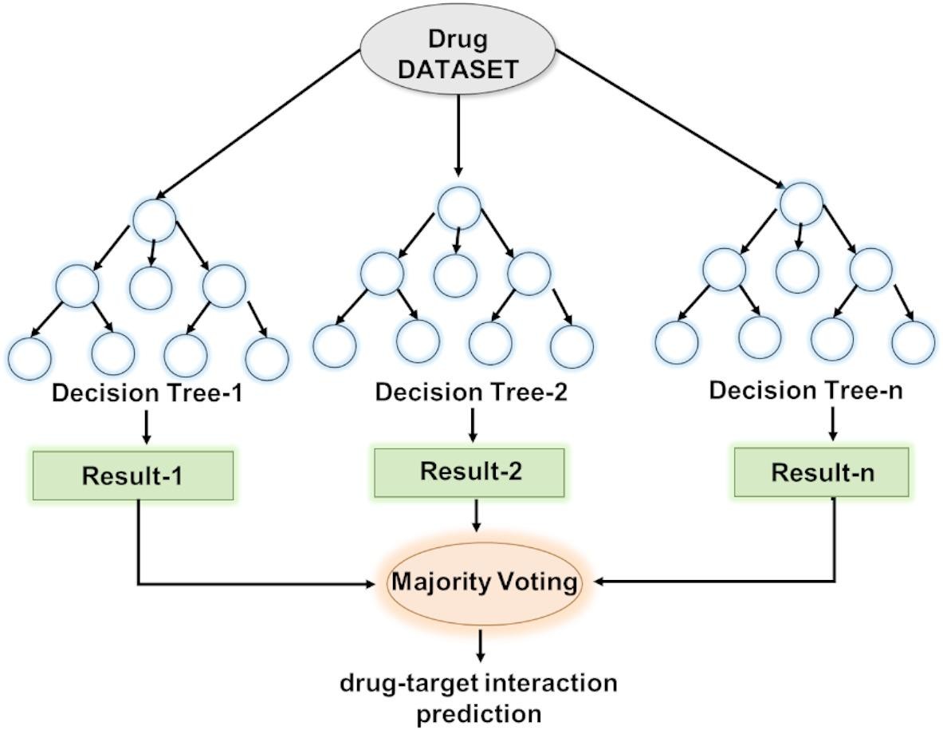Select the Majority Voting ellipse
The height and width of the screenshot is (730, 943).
coord(483,582)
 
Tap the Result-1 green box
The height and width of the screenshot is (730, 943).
coord(132,475)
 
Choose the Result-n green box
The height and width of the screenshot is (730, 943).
coord(821,472)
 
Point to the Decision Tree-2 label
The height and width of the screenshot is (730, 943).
coord(471,393)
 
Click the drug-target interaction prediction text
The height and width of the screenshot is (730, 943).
coord(479,697)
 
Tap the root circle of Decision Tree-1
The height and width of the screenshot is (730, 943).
coord(154,220)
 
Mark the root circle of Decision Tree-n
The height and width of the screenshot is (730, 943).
coord(800,203)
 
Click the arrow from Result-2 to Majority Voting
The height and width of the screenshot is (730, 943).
coord(477,515)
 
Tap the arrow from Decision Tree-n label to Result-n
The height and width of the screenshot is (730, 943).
coord(833,424)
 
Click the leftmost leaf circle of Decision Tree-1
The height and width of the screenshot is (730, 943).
coord(29,357)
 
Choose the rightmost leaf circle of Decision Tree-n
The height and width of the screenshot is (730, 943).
coord(913,342)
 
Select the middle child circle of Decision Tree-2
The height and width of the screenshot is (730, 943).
coord(455,274)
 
